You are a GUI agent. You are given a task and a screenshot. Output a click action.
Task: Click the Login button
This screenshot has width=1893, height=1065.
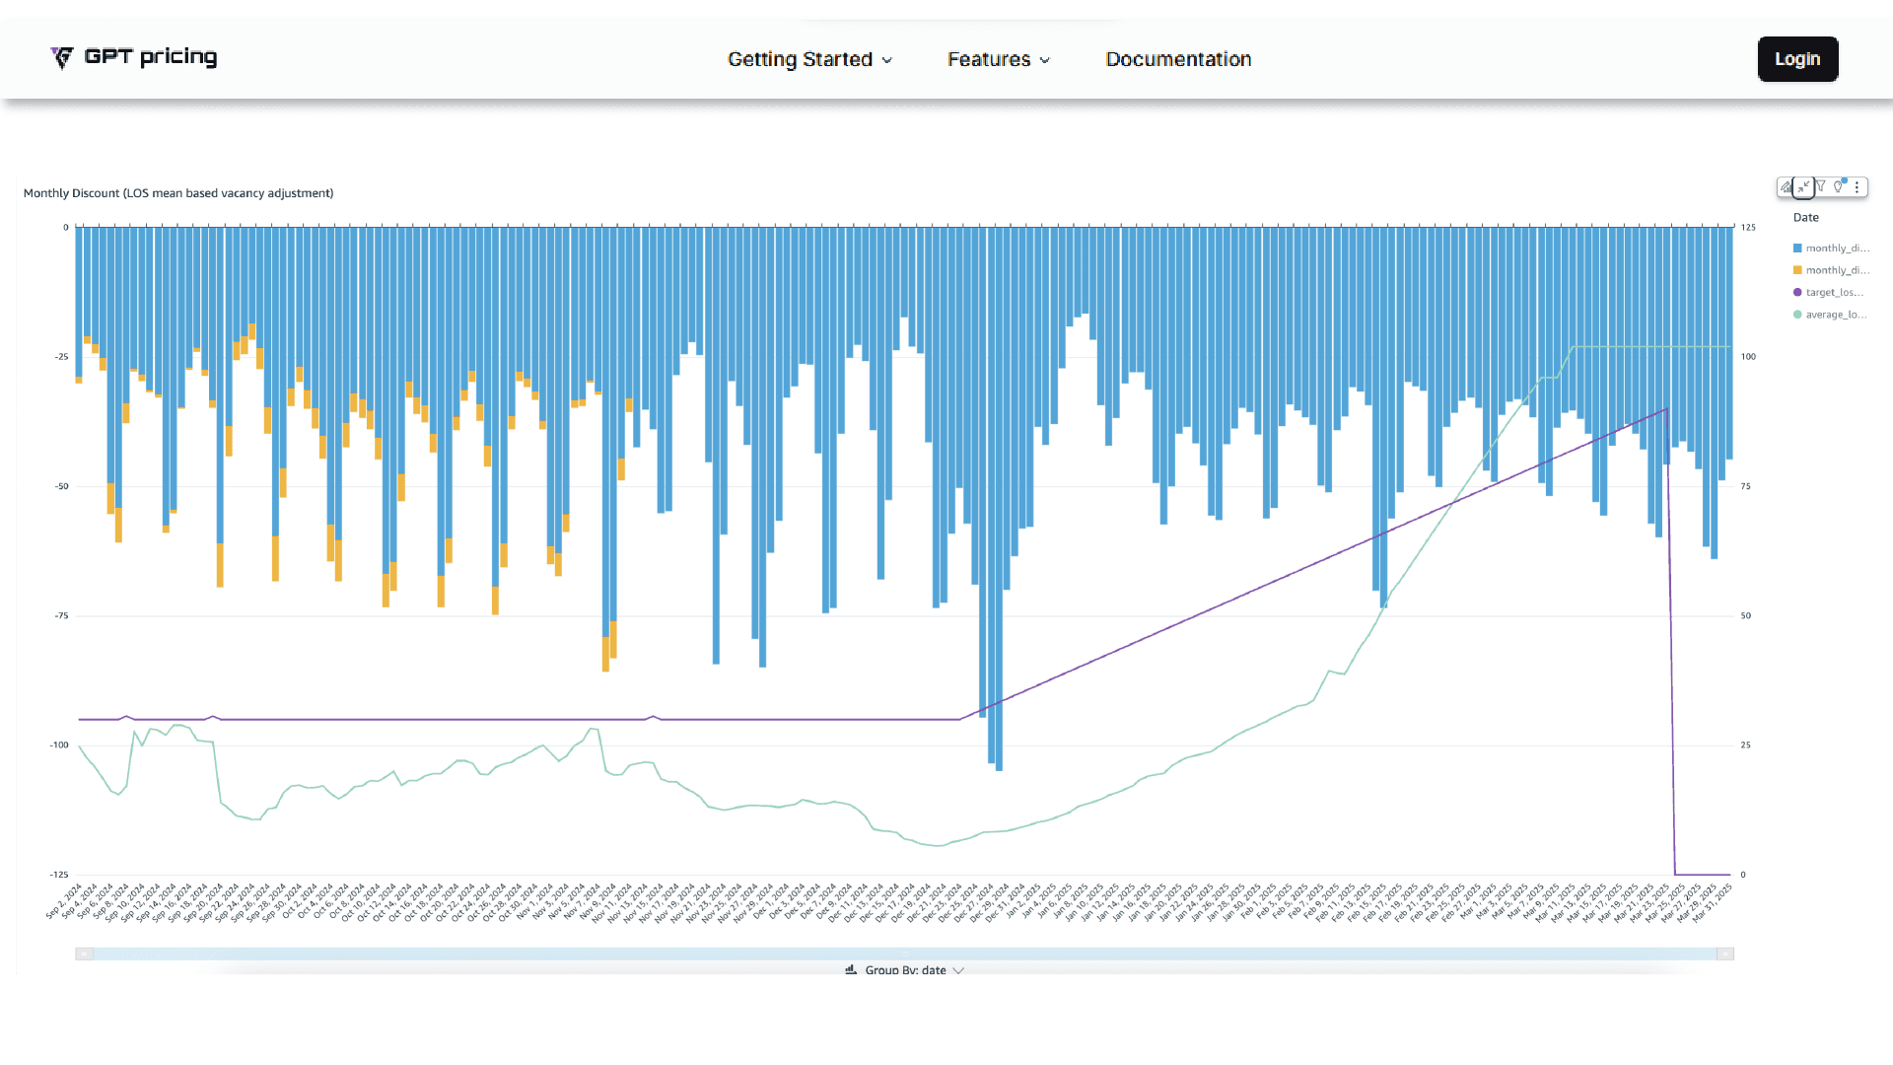pos(1797,59)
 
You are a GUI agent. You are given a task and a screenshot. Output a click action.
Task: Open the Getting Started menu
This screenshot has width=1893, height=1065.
pos(809,59)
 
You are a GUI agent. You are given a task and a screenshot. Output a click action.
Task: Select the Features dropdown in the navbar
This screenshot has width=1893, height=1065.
pos(998,59)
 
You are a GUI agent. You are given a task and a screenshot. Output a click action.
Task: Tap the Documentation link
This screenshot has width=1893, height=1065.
pos(1178,59)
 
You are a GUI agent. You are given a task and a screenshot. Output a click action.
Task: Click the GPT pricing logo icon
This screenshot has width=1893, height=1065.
pos(62,58)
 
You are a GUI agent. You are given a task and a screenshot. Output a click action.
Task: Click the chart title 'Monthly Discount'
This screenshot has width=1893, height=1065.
pos(178,193)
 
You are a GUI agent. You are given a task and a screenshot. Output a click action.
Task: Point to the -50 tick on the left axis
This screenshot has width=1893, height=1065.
pos(62,486)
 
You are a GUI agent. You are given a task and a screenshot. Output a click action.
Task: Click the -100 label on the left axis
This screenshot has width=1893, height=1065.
pos(59,745)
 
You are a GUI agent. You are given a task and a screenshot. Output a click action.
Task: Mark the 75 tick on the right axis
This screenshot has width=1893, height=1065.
pos(1746,486)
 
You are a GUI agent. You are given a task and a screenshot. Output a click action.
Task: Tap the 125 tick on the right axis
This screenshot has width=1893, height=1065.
pos(1748,228)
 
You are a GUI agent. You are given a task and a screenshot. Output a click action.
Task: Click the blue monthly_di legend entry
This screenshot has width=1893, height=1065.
pos(1831,248)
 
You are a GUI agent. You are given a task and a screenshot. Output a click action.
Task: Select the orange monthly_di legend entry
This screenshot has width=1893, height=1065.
pos(1831,270)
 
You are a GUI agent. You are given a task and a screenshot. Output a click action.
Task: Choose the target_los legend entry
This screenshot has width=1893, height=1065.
pos(1829,293)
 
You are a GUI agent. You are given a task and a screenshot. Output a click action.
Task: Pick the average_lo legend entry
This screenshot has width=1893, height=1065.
pos(1830,315)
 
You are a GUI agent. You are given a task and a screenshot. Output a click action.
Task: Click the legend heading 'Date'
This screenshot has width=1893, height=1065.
pos(1805,218)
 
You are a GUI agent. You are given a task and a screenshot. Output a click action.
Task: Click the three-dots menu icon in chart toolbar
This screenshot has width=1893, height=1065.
pos(1857,186)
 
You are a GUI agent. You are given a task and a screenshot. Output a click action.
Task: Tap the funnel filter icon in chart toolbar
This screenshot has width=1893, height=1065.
pos(1821,186)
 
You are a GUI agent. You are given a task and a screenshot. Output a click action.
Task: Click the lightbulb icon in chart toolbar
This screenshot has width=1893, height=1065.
pos(1839,186)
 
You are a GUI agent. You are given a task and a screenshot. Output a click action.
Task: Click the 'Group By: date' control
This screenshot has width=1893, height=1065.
pos(904,969)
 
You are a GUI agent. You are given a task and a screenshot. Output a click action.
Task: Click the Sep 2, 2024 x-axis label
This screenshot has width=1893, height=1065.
pos(65,901)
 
